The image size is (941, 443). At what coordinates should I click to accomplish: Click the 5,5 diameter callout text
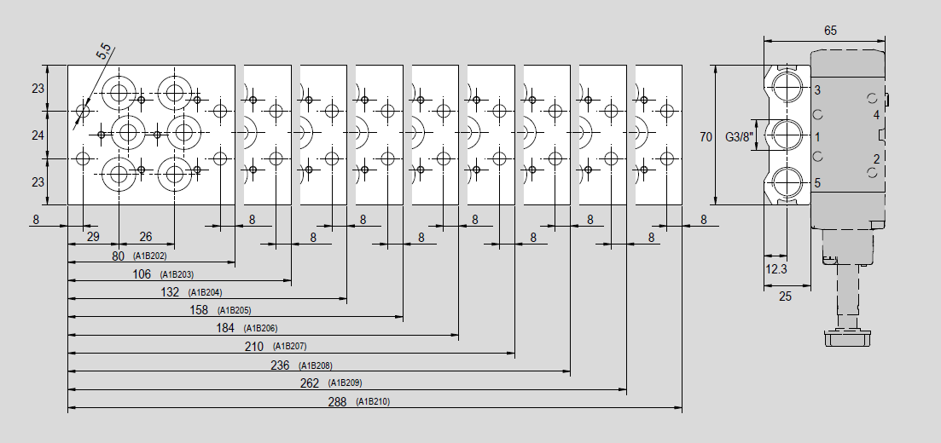point(104,52)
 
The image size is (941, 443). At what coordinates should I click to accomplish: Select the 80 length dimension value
point(119,256)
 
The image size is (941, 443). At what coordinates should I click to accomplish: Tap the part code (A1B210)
point(373,401)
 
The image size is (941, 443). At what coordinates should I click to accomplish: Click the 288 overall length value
point(337,401)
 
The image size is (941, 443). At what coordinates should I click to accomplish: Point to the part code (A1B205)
point(234,310)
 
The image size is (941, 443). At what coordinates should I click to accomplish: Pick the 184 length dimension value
point(225,329)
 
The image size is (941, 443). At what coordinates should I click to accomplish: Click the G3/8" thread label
point(739,136)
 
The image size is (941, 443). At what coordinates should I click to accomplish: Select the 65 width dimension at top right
point(830,31)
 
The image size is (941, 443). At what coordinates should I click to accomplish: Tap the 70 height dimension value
point(706,136)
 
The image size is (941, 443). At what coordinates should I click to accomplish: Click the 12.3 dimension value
point(776,269)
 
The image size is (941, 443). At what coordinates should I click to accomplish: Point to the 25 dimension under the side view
point(785,296)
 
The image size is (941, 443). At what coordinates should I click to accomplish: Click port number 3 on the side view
point(817,90)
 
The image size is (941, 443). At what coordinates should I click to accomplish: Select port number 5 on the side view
point(817,183)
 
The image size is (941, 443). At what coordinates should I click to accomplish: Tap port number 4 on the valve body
point(876,114)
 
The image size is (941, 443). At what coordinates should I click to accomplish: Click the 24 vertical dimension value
point(38,135)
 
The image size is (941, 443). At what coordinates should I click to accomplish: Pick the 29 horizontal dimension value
point(93,236)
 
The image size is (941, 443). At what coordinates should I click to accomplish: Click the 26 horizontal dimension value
point(146,236)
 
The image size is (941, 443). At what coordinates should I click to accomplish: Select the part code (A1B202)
point(150,256)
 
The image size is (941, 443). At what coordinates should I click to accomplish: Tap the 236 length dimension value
point(281,365)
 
